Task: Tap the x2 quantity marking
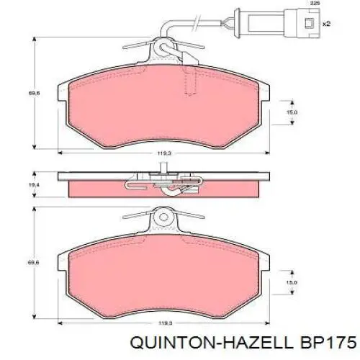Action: pos(326,24)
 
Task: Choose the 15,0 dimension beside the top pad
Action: pos(292,112)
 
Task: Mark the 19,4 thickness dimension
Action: pos(31,185)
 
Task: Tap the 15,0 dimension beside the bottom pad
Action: pos(292,282)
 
